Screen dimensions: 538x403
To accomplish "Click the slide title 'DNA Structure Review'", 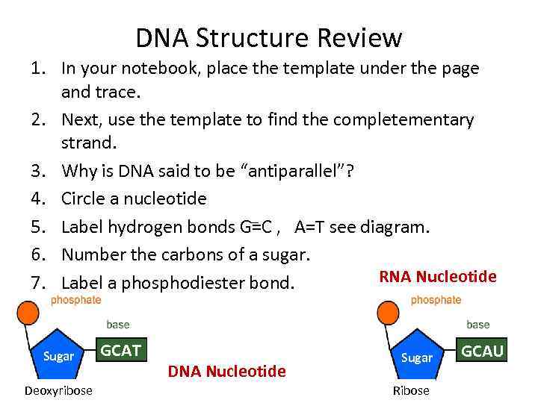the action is click(269, 37).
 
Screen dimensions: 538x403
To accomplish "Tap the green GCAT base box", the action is click(120, 350).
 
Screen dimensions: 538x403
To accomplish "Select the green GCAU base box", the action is click(483, 350).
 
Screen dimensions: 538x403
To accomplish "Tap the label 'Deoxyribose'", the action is click(58, 391).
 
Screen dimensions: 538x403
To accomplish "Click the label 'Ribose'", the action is click(411, 391).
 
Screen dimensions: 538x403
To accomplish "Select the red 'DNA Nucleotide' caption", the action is click(226, 371).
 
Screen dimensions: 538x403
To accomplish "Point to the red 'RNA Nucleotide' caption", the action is click(438, 277).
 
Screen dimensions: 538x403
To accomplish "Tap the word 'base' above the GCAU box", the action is click(477, 325).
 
